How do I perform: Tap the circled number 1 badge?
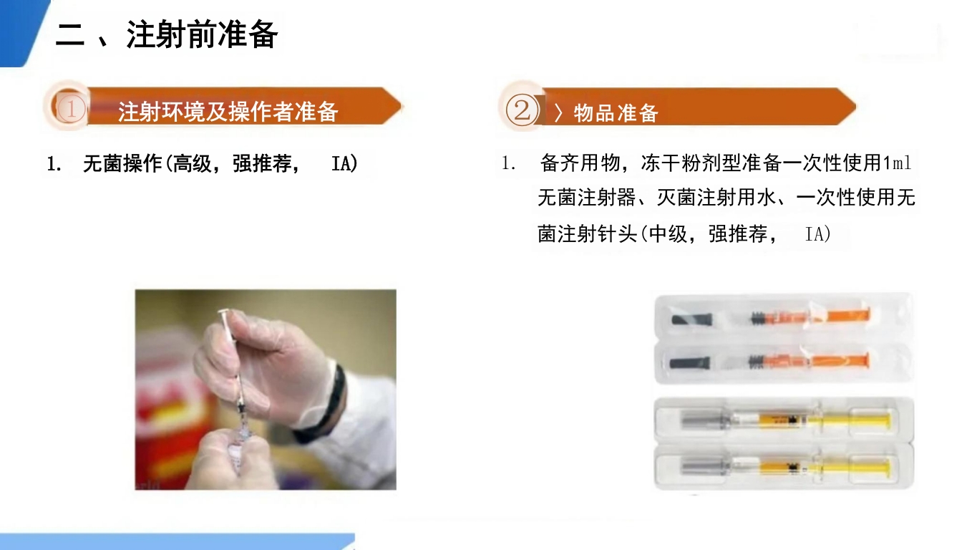pyautogui.click(x=71, y=110)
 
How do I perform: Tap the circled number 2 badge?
pyautogui.click(x=521, y=110)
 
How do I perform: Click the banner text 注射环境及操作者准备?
pyautogui.click(x=228, y=112)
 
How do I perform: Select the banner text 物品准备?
pyautogui.click(x=616, y=112)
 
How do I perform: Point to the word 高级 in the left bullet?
pyautogui.click(x=193, y=164)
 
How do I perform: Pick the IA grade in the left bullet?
pyautogui.click(x=344, y=164)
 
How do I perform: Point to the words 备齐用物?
pyautogui.click(x=580, y=163)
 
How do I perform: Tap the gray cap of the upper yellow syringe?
pyautogui.click(x=699, y=420)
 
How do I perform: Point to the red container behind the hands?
pyautogui.click(x=161, y=401)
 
